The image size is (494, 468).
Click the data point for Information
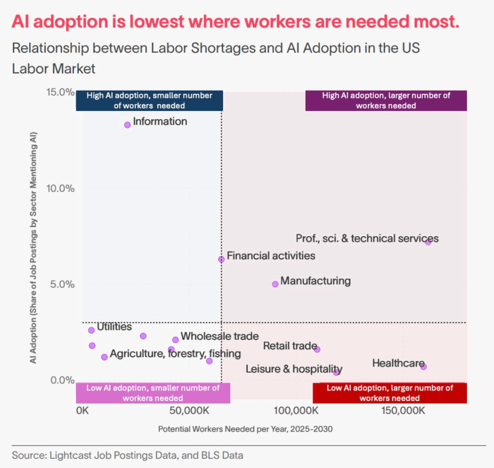[127, 125]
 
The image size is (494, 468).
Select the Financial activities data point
[221, 259]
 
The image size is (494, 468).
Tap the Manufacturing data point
[275, 284]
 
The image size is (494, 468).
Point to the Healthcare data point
[424, 367]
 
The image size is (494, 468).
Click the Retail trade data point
[317, 349]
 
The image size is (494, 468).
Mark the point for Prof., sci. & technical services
[428, 242]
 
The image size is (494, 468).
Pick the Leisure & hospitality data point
[336, 372]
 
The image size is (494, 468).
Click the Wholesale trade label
[219, 336]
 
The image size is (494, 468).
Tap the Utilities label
[114, 327]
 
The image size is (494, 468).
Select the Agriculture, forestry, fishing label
[175, 354]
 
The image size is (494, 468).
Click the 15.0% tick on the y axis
[60, 92]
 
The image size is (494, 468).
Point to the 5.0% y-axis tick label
[62, 284]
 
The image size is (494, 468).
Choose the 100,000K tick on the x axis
[296, 411]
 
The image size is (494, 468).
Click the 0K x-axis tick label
[82, 411]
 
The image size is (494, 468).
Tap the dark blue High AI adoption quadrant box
[149, 101]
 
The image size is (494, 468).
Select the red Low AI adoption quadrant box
[389, 393]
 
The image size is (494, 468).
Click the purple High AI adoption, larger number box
[386, 101]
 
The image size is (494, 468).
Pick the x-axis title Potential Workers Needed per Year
[245, 429]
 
